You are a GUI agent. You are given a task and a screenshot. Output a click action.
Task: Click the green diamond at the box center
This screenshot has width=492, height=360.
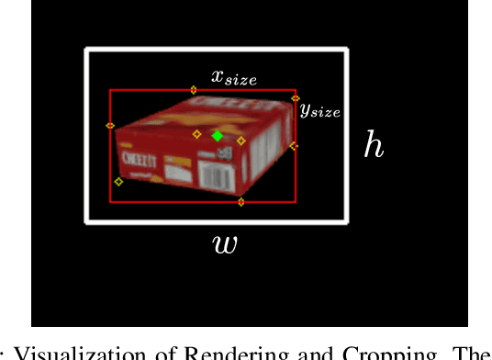pyautogui.click(x=217, y=136)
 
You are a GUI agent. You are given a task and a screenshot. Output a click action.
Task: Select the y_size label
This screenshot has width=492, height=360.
pyautogui.click(x=319, y=109)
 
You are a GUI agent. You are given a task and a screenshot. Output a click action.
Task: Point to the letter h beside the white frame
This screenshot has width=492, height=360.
pyautogui.click(x=374, y=145)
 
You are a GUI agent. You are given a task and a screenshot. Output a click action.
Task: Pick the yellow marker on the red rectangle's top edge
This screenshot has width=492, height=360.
pyautogui.click(x=193, y=90)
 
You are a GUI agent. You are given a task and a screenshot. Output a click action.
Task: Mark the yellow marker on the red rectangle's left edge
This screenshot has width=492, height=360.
pyautogui.click(x=110, y=126)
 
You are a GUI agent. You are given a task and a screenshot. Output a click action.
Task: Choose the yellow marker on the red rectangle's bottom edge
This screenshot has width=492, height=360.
pyautogui.click(x=241, y=201)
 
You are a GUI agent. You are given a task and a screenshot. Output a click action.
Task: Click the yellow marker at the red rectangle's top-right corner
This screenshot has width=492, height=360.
pyautogui.click(x=295, y=97)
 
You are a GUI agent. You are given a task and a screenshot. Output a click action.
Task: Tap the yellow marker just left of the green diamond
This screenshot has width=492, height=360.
pyautogui.click(x=196, y=134)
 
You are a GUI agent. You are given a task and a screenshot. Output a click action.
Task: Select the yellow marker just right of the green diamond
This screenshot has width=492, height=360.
pyautogui.click(x=241, y=141)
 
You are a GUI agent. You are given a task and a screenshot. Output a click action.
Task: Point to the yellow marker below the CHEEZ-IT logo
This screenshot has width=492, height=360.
pyautogui.click(x=118, y=182)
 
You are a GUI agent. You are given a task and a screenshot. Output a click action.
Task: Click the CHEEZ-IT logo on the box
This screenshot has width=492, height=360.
pyautogui.click(x=138, y=159)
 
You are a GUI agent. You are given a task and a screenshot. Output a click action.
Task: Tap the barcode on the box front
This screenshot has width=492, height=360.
pyautogui.click(x=217, y=174)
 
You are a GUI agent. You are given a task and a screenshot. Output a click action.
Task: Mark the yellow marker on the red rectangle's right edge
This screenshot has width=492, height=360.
pyautogui.click(x=294, y=145)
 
